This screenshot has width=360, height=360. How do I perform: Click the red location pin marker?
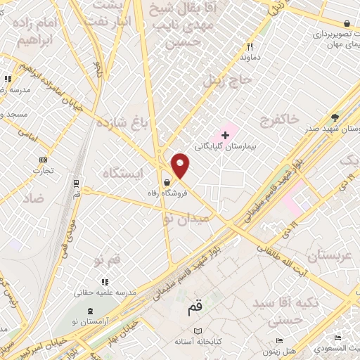point(181,166)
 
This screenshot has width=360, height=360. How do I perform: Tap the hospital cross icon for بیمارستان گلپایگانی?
point(225,134)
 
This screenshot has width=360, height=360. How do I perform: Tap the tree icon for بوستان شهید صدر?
point(335,117)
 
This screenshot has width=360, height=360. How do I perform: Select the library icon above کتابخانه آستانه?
point(198,331)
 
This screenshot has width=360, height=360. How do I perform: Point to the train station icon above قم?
point(76,184)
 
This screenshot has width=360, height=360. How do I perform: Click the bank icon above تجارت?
point(43,160)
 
